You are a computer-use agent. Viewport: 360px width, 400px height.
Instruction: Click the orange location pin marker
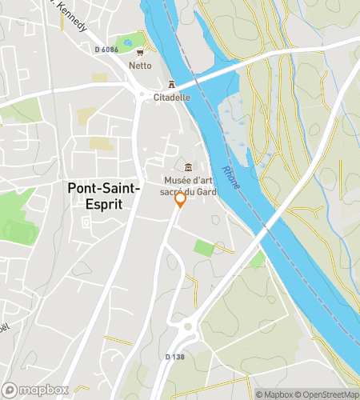[x=181, y=200]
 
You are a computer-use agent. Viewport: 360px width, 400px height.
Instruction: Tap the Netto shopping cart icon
[x=140, y=54]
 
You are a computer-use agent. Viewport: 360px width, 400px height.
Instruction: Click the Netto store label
[x=140, y=66]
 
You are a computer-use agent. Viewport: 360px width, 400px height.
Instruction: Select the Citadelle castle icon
[x=171, y=85]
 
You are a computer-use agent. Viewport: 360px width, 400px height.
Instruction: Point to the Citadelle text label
[x=171, y=97]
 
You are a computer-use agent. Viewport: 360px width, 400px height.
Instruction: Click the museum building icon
[x=188, y=167]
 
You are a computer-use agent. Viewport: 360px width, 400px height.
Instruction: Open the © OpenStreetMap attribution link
[x=327, y=394]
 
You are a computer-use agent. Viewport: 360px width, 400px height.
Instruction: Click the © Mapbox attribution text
[x=274, y=394]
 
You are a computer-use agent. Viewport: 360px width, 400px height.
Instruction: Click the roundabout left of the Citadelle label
[x=142, y=95]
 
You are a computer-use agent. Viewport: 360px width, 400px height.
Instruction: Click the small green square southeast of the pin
[x=204, y=248]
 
